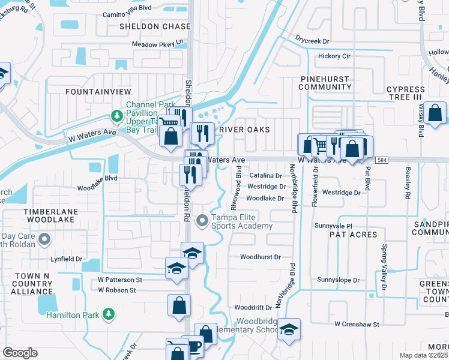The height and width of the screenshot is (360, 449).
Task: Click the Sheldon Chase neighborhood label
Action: coord(147,26)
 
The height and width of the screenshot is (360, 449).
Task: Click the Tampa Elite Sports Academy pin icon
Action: coord(202,221)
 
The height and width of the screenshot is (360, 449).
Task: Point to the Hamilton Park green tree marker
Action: coord(108,314)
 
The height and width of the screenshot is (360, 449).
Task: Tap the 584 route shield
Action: coord(382,160)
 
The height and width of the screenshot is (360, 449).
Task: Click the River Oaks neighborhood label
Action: coord(244,130)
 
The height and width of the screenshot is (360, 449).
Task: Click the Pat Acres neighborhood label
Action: coord(352,235)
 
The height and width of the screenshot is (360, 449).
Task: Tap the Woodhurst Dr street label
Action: coord(261,257)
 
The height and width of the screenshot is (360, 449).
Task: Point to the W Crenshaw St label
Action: coord(357,324)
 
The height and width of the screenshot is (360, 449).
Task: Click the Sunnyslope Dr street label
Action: coord(338,280)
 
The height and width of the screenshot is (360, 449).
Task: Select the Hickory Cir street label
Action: coord(334,56)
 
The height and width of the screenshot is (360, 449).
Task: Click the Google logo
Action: coord(20,353)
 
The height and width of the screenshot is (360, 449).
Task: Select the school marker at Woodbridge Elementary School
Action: coord(289,329)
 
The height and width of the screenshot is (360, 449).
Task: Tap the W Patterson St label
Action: coord(120,280)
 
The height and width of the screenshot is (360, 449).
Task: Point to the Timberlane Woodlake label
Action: coord(49,216)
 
